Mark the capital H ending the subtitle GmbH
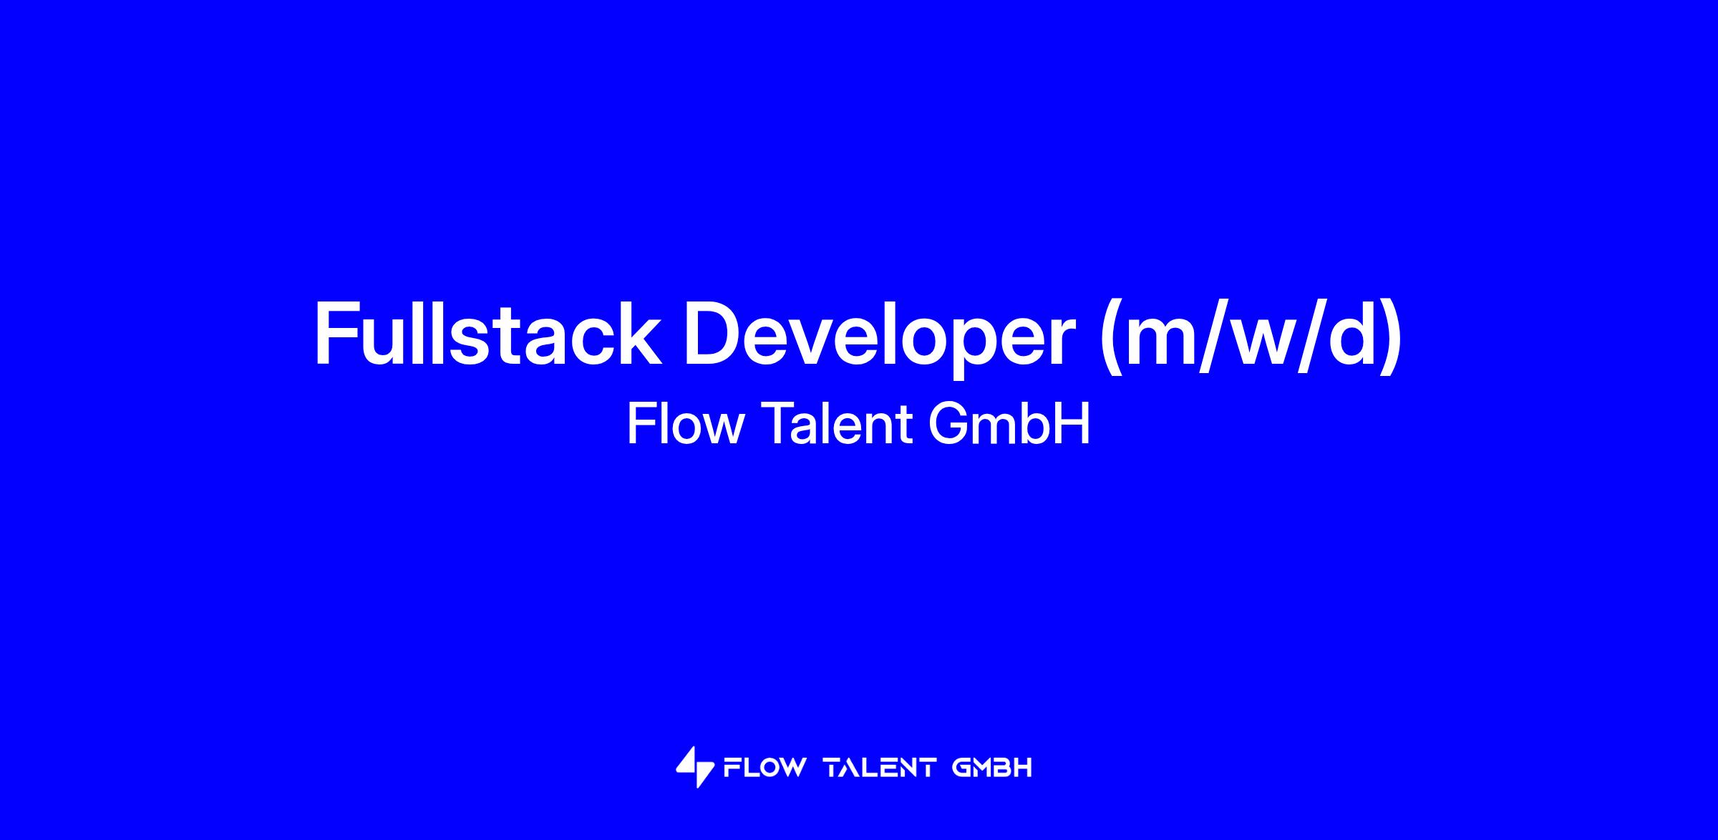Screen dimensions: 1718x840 [x=1073, y=424]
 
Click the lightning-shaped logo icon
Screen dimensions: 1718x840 [x=695, y=768]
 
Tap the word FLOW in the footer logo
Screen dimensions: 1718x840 [x=765, y=768]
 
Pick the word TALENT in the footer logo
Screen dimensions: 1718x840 [x=880, y=768]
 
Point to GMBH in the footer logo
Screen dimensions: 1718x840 [x=992, y=768]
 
